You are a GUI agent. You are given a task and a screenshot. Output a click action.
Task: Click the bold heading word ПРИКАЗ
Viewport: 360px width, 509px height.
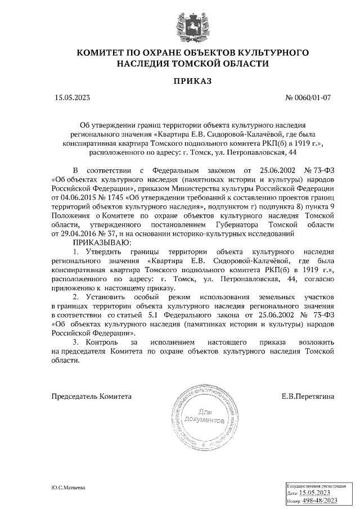tap(193, 82)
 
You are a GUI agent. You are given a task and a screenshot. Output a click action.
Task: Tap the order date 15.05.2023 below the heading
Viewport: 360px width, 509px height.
tap(73, 97)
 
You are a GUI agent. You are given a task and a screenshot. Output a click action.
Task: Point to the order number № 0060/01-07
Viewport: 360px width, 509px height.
tap(309, 97)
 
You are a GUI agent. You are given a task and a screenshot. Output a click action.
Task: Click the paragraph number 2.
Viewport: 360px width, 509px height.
tap(76, 296)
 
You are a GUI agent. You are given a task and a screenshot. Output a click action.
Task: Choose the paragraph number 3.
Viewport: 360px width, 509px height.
tap(76, 341)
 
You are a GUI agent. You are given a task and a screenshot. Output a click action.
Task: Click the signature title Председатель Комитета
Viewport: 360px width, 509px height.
tap(92, 396)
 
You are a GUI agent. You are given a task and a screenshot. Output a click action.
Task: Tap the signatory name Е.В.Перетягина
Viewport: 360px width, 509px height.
tap(308, 396)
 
